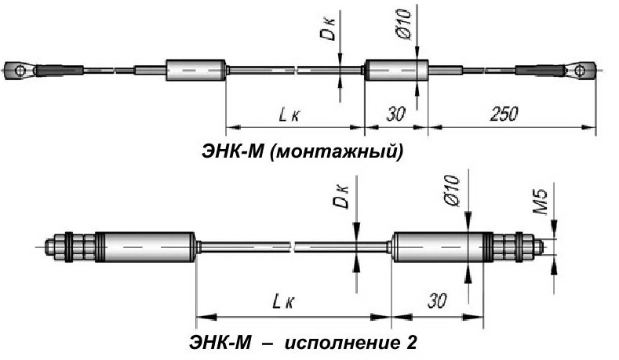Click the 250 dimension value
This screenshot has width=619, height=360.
pyautogui.click(x=504, y=114)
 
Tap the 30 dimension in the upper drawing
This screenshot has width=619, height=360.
pyautogui.click(x=395, y=114)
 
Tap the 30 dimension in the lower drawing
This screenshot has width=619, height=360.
pyautogui.click(x=437, y=301)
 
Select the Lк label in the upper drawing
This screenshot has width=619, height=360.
pyautogui.click(x=289, y=115)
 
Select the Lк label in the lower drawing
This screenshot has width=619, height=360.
pyautogui.click(x=283, y=303)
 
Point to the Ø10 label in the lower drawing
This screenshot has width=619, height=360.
pyautogui.click(x=453, y=191)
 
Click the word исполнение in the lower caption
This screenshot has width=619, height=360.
pyautogui.click(x=337, y=343)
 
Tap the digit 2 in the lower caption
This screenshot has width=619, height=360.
pyautogui.click(x=410, y=342)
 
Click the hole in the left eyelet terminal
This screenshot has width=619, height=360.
pyautogui.click(x=20, y=71)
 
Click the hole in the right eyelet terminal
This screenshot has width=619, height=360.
pyautogui.click(x=580, y=71)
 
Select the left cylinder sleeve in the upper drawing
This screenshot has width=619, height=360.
pyautogui.click(x=196, y=71)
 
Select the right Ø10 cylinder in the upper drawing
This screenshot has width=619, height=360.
pyautogui.click(x=397, y=70)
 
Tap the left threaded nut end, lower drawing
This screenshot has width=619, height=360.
pyautogui.click(x=70, y=246)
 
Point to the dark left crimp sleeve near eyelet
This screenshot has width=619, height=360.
pyautogui.click(x=58, y=71)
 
